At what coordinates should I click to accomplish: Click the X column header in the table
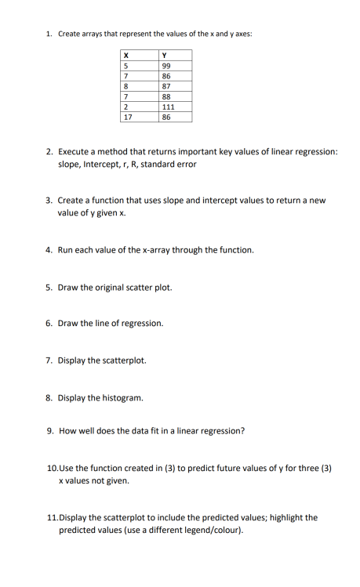click(126, 54)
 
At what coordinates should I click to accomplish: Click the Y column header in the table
click(163, 54)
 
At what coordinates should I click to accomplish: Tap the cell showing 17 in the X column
click(128, 118)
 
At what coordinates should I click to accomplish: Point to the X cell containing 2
click(125, 107)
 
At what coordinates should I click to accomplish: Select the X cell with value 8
click(125, 86)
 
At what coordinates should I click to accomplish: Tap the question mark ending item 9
click(243, 431)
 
